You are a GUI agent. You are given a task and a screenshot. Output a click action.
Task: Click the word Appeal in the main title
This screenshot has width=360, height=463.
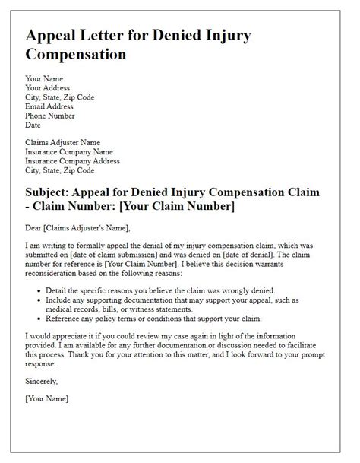[54, 36]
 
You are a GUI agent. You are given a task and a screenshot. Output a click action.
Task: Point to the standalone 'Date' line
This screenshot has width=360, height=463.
[33, 124]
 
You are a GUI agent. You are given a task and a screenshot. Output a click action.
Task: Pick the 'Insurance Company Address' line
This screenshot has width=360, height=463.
[72, 160]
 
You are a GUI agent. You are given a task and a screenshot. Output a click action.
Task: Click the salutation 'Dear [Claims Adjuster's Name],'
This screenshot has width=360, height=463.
[77, 227]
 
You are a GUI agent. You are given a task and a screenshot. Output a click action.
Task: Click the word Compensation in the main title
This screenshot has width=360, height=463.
[76, 55]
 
